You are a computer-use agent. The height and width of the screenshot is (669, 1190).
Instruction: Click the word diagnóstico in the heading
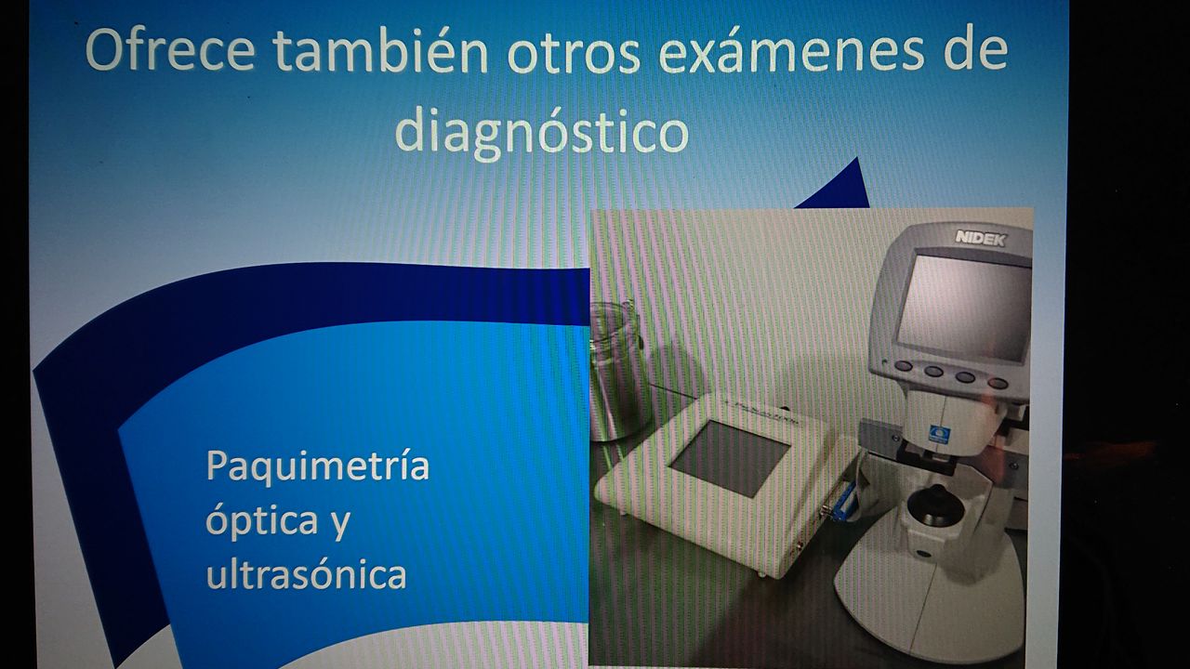click(x=542, y=131)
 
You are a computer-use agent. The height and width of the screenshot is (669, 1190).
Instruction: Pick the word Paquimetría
click(x=318, y=466)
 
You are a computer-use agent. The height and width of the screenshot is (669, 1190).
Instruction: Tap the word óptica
click(x=261, y=520)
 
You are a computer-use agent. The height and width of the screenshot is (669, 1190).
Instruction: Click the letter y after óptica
click(x=340, y=525)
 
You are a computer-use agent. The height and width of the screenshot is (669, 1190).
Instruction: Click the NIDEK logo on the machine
click(x=980, y=239)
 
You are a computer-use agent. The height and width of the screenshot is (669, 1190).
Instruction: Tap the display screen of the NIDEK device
click(x=962, y=307)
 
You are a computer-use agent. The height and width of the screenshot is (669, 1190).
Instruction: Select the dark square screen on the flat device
click(x=730, y=458)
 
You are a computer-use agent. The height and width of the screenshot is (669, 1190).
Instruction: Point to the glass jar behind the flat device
click(x=617, y=372)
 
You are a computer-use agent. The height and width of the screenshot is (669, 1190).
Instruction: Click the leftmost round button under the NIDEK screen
click(x=903, y=366)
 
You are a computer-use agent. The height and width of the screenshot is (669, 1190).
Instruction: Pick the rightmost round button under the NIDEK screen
click(x=998, y=382)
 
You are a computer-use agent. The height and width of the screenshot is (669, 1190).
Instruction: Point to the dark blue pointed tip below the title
click(x=856, y=160)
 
